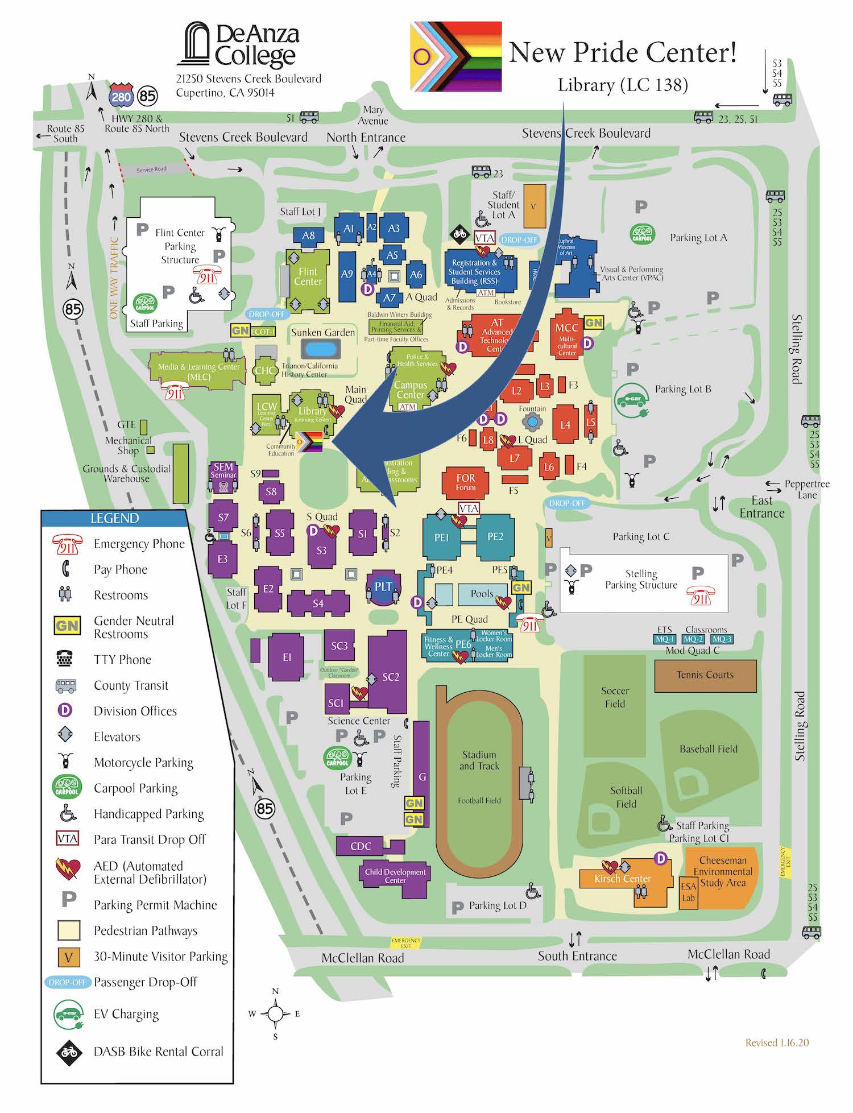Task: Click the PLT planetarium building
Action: point(383,587)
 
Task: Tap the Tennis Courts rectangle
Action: point(705,675)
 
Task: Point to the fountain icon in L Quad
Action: point(532,422)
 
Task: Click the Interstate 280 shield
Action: point(121,96)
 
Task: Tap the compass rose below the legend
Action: point(275,1013)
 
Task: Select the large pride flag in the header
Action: point(456,56)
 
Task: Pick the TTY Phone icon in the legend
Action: point(65,659)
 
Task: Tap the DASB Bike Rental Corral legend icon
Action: point(69,1052)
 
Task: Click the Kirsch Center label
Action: point(622,879)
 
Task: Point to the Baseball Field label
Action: point(708,749)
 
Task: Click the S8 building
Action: point(271,491)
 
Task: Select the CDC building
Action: point(361,846)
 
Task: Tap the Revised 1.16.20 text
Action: point(777,1042)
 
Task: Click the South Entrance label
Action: point(577,956)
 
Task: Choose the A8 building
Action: point(308,235)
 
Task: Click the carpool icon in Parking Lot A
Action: point(642,234)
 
